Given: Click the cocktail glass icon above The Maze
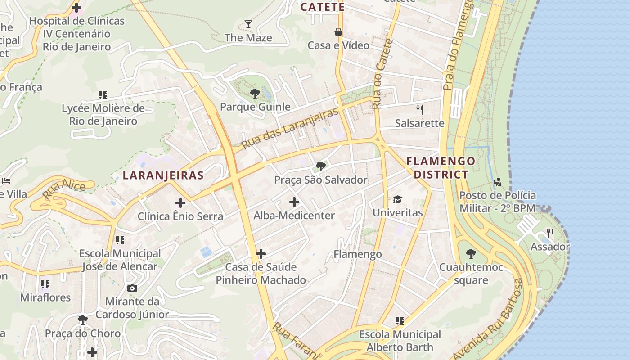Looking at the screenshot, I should point(248,24).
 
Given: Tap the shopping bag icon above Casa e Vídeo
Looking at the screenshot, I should point(338,32).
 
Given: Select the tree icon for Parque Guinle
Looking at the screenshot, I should point(255,94).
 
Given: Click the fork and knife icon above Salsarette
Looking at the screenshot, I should point(420,109).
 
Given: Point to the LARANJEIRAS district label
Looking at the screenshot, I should point(163,175).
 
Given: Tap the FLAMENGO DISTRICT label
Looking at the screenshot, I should point(441,168).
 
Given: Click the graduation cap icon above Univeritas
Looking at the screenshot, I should point(397,199).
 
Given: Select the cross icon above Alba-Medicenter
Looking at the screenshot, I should point(294,202).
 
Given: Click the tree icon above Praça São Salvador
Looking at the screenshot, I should point(321,166).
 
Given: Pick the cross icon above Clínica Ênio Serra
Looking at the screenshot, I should point(180,203).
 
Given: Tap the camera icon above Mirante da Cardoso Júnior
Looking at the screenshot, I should point(132,288).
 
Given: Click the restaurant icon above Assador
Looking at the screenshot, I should point(550,233).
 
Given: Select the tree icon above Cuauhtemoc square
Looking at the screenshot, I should point(471,254).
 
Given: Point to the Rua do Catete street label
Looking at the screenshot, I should point(383,74).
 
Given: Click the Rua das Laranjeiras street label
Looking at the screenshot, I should point(290,128).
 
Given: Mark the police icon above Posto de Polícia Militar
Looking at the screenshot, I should point(497,182).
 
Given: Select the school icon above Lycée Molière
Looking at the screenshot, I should point(103,95).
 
